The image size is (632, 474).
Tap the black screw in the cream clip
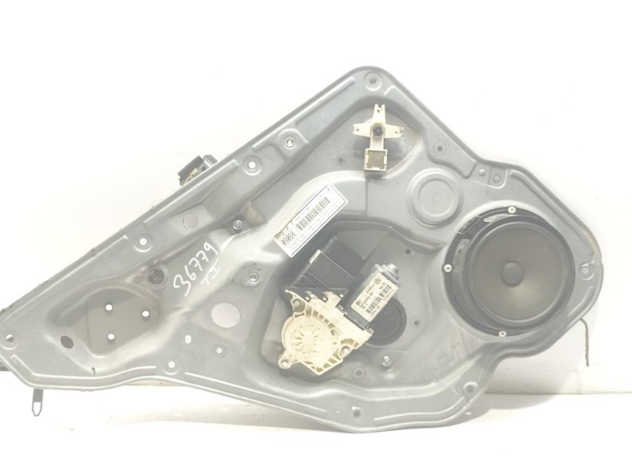(380, 129)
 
